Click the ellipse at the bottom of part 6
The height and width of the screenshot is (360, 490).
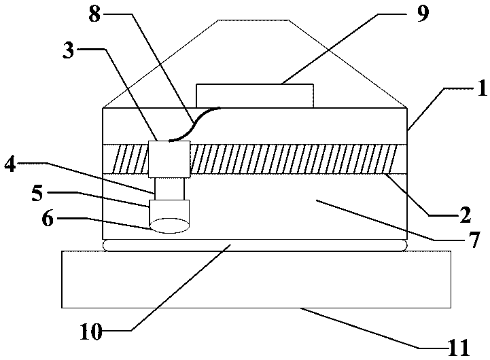click(169, 225)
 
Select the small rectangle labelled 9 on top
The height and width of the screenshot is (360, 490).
click(255, 96)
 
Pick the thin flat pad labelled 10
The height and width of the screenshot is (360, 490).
click(254, 245)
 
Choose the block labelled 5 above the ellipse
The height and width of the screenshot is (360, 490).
click(169, 209)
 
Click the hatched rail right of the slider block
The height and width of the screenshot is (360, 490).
click(299, 160)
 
